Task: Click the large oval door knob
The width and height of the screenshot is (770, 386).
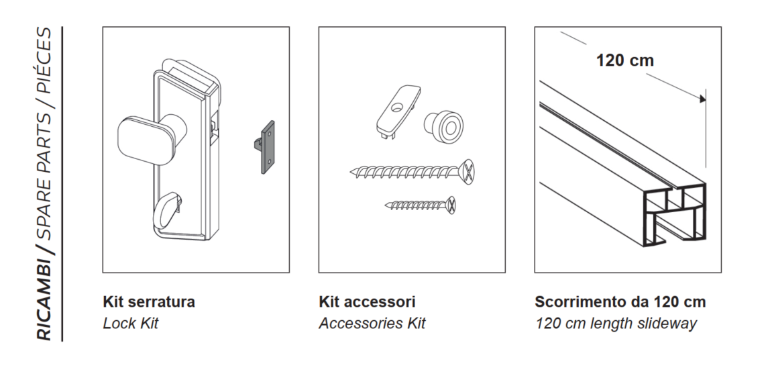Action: point(144,137)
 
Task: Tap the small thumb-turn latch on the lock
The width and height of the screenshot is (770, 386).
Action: point(166,211)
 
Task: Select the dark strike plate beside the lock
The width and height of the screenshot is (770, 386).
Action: point(267,147)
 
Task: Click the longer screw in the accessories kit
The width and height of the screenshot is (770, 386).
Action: point(412,172)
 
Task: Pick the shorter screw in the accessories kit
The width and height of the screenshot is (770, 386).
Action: point(421,205)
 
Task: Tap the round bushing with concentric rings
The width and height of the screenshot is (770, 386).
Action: point(443,126)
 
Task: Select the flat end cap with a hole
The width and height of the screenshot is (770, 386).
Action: point(398,111)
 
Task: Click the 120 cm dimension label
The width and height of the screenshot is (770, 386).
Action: point(624,60)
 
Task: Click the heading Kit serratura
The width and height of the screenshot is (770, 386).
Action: point(149,301)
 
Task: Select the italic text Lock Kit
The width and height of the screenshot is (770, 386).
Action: point(131,323)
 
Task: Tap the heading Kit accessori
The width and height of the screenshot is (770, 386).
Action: point(367,301)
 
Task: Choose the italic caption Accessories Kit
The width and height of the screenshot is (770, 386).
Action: point(372,323)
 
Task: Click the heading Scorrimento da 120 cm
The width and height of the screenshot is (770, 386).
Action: point(620,301)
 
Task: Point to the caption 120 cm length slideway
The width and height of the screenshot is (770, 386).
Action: point(616,324)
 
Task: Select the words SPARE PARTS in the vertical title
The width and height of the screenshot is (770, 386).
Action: point(44,175)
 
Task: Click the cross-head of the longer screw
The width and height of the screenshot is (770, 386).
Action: point(468,172)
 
